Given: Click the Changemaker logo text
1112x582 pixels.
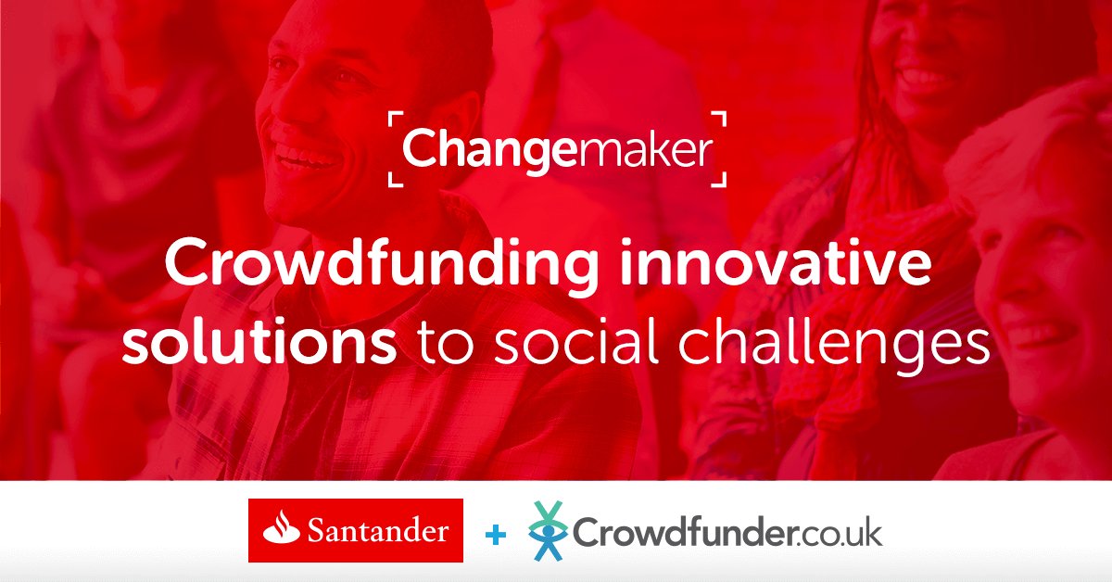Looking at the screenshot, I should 556,149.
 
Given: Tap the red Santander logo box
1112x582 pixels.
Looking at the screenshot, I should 356,530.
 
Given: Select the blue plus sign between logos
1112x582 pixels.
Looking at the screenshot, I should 497,535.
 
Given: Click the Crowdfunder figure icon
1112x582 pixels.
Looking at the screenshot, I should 550,531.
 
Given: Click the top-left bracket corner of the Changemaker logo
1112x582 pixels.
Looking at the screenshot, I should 392,118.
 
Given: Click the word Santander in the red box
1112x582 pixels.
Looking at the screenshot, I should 379,531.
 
